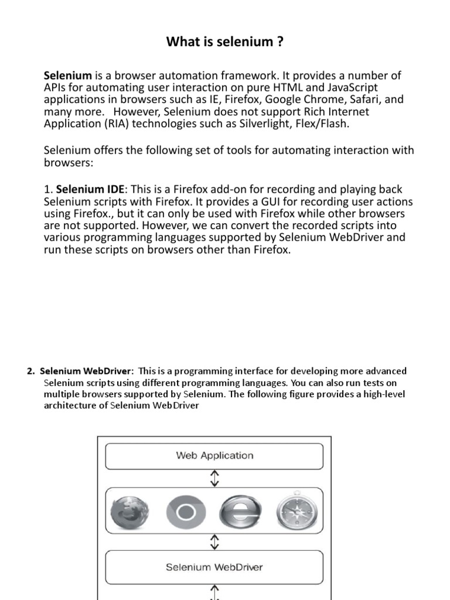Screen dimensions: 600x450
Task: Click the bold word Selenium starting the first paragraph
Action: pos(68,76)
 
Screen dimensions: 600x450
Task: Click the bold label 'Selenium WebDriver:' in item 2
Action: pos(87,371)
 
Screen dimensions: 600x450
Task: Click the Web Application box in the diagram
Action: pos(214,456)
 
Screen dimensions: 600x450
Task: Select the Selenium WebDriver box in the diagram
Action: pos(214,567)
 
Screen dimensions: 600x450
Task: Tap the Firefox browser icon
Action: pos(131,512)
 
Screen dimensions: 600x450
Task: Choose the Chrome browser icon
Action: pos(186,512)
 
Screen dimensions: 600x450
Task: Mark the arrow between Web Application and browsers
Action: pos(214,478)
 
